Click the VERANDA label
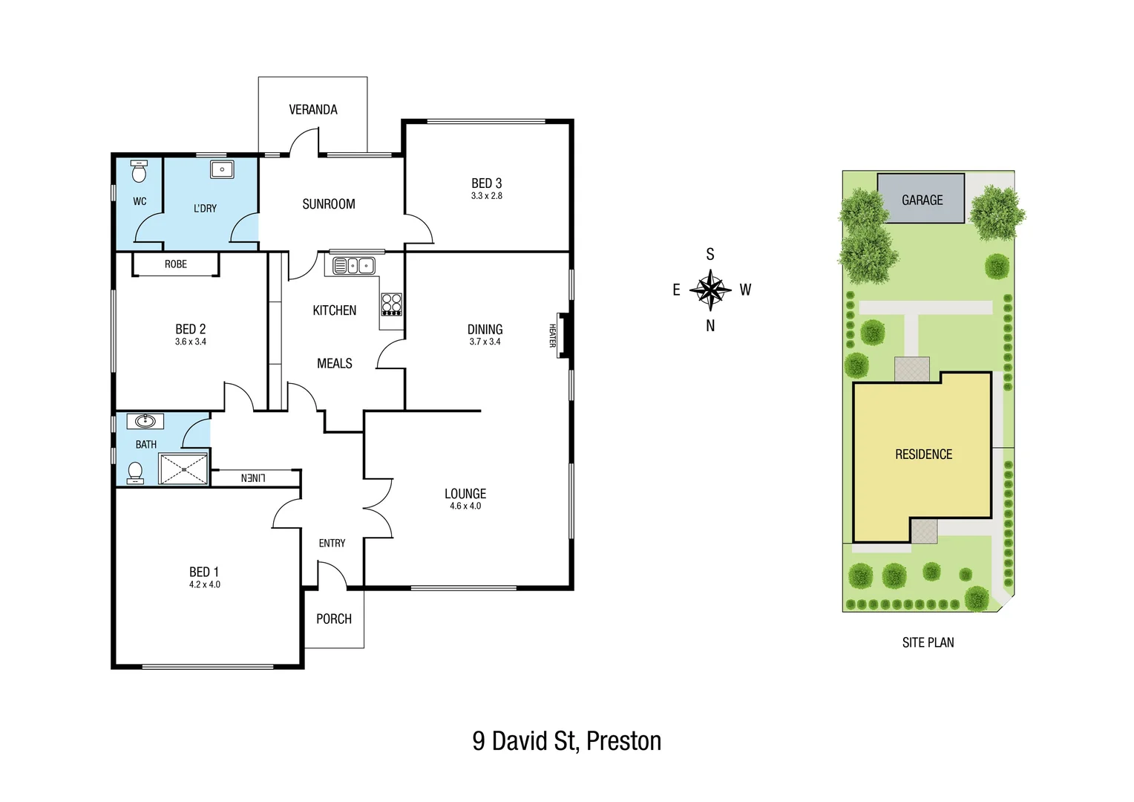[x=312, y=110]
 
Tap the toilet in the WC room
[x=139, y=172]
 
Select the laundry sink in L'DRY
[x=222, y=169]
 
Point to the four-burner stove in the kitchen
[x=391, y=304]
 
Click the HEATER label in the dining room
[x=552, y=336]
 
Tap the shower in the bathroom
[x=183, y=469]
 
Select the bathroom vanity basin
[x=145, y=422]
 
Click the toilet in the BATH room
[x=136, y=472]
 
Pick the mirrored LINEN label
[x=253, y=478]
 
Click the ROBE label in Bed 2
[x=176, y=264]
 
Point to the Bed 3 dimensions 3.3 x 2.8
[x=486, y=196]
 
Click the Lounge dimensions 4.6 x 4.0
[x=465, y=506]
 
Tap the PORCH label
[x=334, y=619]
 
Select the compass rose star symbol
[x=710, y=290]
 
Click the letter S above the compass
[x=710, y=255]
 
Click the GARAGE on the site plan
[x=922, y=200]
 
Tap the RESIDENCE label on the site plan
[x=923, y=454]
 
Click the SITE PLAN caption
[x=928, y=642]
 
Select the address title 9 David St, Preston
[x=566, y=741]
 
